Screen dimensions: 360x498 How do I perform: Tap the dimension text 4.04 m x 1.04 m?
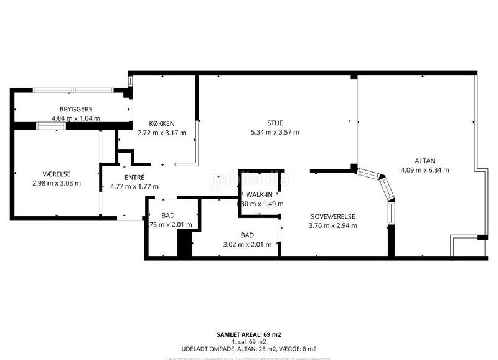click(x=76, y=118)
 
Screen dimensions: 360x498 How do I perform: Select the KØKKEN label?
click(x=161, y=123)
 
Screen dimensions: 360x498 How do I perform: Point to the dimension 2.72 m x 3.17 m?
click(x=162, y=132)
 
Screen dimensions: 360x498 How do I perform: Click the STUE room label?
click(x=275, y=123)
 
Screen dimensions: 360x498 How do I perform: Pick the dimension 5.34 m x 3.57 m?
click(x=275, y=132)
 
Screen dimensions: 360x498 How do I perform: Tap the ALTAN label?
click(x=425, y=159)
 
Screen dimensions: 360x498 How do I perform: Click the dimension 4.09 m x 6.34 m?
click(x=425, y=169)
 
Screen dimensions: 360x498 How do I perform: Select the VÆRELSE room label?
click(x=57, y=174)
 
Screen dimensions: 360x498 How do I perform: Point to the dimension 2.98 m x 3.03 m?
click(x=57, y=183)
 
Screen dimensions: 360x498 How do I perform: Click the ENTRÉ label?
click(x=134, y=177)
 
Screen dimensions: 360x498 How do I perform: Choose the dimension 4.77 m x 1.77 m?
click(x=134, y=186)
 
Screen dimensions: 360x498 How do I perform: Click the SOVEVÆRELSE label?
click(x=337, y=216)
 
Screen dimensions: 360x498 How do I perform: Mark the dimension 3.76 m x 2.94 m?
click(x=337, y=225)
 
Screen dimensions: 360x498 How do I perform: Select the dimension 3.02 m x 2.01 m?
click(x=247, y=244)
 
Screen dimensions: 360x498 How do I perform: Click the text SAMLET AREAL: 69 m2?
click(x=249, y=334)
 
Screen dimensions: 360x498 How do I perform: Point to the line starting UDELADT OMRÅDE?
click(x=249, y=349)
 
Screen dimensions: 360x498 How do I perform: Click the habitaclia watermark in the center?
click(x=249, y=178)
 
